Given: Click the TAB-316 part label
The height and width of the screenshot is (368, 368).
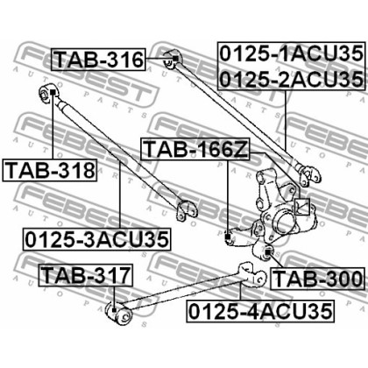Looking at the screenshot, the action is [x=98, y=60].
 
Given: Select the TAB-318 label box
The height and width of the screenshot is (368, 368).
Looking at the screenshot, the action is [x=50, y=170].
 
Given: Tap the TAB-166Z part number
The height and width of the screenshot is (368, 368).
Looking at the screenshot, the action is [x=195, y=149].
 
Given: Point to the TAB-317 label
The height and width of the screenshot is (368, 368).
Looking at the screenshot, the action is [x=86, y=275].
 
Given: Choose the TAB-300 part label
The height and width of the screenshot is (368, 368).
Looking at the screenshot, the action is [x=318, y=279].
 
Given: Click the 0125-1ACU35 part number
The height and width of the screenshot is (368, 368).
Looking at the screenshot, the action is [x=291, y=53].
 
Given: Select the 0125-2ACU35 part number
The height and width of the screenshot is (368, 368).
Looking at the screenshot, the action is [x=291, y=79].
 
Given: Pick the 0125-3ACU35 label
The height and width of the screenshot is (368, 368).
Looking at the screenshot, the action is [x=96, y=239].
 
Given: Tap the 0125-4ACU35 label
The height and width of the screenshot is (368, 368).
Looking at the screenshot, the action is [x=260, y=311].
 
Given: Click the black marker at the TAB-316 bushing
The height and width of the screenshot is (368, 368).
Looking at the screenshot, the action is [x=175, y=59].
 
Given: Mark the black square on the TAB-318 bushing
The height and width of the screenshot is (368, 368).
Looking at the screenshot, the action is [x=53, y=92].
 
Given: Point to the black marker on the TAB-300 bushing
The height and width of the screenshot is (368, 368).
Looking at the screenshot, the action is [x=268, y=251].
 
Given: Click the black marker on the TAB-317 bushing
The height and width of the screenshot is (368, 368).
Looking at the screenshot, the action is [x=114, y=310].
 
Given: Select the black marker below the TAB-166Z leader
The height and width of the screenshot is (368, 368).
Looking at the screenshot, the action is [x=228, y=237].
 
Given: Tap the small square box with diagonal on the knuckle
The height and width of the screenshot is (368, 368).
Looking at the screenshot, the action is [x=301, y=207].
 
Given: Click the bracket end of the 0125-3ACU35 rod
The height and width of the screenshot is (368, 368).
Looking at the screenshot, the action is [x=188, y=210].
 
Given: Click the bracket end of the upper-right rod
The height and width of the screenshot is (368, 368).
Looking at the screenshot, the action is [x=309, y=175].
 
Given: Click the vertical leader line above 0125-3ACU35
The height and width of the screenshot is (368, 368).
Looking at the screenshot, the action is [x=120, y=195].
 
